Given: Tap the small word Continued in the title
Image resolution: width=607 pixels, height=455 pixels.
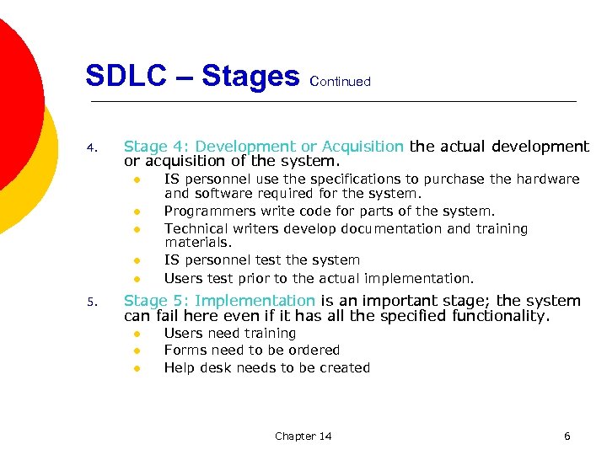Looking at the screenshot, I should [341, 82].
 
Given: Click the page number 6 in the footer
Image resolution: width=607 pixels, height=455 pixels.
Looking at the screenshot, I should [567, 436].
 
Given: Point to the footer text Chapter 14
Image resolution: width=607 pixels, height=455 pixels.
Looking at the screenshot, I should [303, 436].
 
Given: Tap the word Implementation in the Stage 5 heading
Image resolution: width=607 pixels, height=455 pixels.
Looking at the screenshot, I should [266, 301].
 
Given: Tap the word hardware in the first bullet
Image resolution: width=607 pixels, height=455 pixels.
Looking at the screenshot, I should [551, 179].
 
